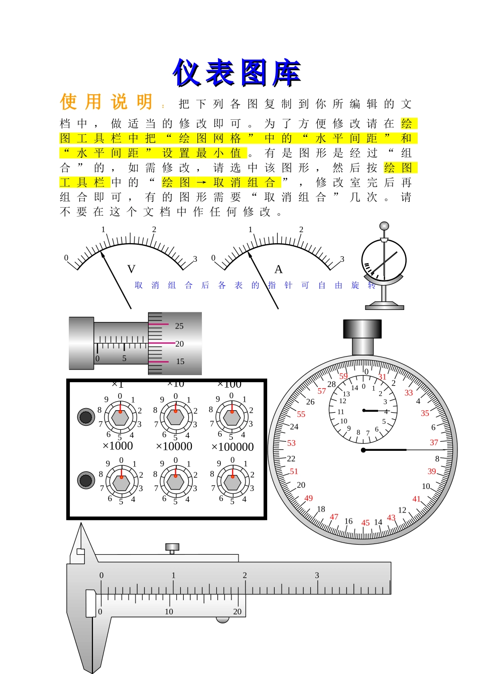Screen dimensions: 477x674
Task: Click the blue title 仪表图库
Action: [236, 73]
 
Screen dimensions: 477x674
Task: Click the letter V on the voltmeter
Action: [132, 269]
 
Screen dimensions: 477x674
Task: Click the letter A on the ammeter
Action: [278, 269]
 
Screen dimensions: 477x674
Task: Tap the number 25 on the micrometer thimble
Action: [179, 326]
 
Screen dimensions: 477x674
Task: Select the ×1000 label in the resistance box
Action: [117, 446]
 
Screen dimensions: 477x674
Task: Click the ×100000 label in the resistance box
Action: [232, 447]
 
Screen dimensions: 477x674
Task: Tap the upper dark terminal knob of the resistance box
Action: [86, 417]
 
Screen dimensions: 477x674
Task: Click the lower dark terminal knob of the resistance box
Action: [86, 480]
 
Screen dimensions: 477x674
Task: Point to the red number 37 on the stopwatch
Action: [434, 442]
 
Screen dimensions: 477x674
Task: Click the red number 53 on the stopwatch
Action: [291, 443]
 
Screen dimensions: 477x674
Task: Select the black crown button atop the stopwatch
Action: [362, 329]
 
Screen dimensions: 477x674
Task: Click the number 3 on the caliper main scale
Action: [317, 575]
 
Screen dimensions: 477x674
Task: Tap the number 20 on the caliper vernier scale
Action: [237, 611]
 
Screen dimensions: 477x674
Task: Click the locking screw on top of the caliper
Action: [172, 547]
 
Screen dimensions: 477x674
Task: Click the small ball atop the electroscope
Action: [384, 226]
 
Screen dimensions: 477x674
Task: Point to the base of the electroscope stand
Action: [384, 306]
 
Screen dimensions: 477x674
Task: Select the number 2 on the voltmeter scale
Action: [154, 229]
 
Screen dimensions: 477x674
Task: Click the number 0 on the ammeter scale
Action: [213, 258]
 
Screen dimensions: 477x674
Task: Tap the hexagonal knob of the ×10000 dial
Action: [175, 481]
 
